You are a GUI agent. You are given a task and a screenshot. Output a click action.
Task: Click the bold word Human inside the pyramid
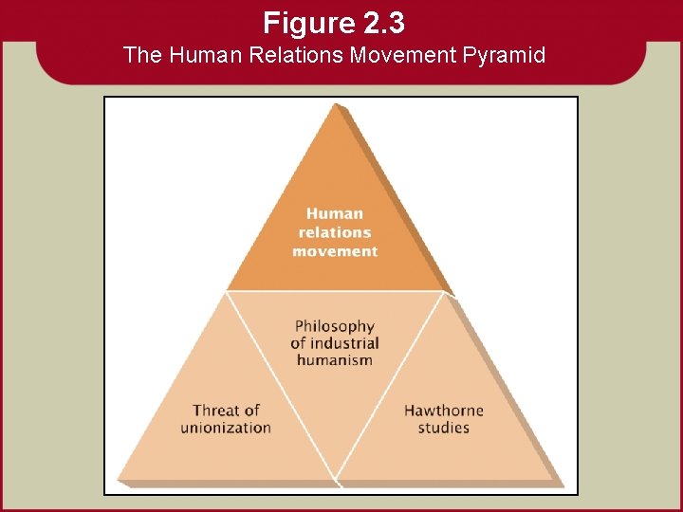pos(335,213)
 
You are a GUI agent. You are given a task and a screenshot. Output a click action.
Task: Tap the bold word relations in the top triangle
pos(335,232)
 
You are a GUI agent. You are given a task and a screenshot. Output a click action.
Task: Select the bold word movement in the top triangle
pos(335,251)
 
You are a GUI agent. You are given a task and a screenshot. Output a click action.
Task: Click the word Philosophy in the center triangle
pos(335,326)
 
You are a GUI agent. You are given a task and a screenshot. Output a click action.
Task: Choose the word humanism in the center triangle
pos(335,360)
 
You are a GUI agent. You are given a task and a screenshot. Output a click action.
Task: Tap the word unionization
pos(226,428)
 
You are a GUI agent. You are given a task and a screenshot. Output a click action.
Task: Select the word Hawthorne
pos(444,411)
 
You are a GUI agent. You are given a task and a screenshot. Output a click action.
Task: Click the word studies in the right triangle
pos(444,428)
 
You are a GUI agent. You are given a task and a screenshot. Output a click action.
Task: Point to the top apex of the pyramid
pos(336,104)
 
